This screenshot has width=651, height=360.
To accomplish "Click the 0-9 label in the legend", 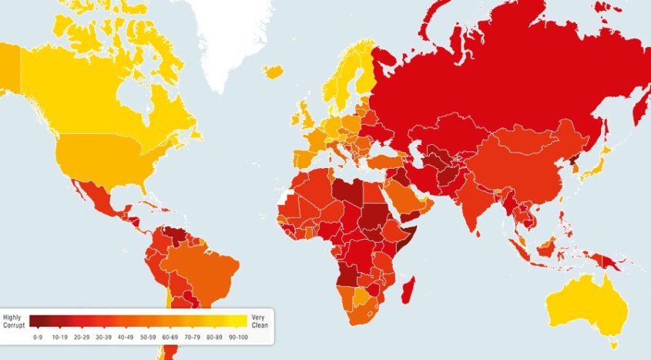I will (x=37, y=337).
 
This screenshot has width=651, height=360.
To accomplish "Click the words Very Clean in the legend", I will (x=258, y=321).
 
